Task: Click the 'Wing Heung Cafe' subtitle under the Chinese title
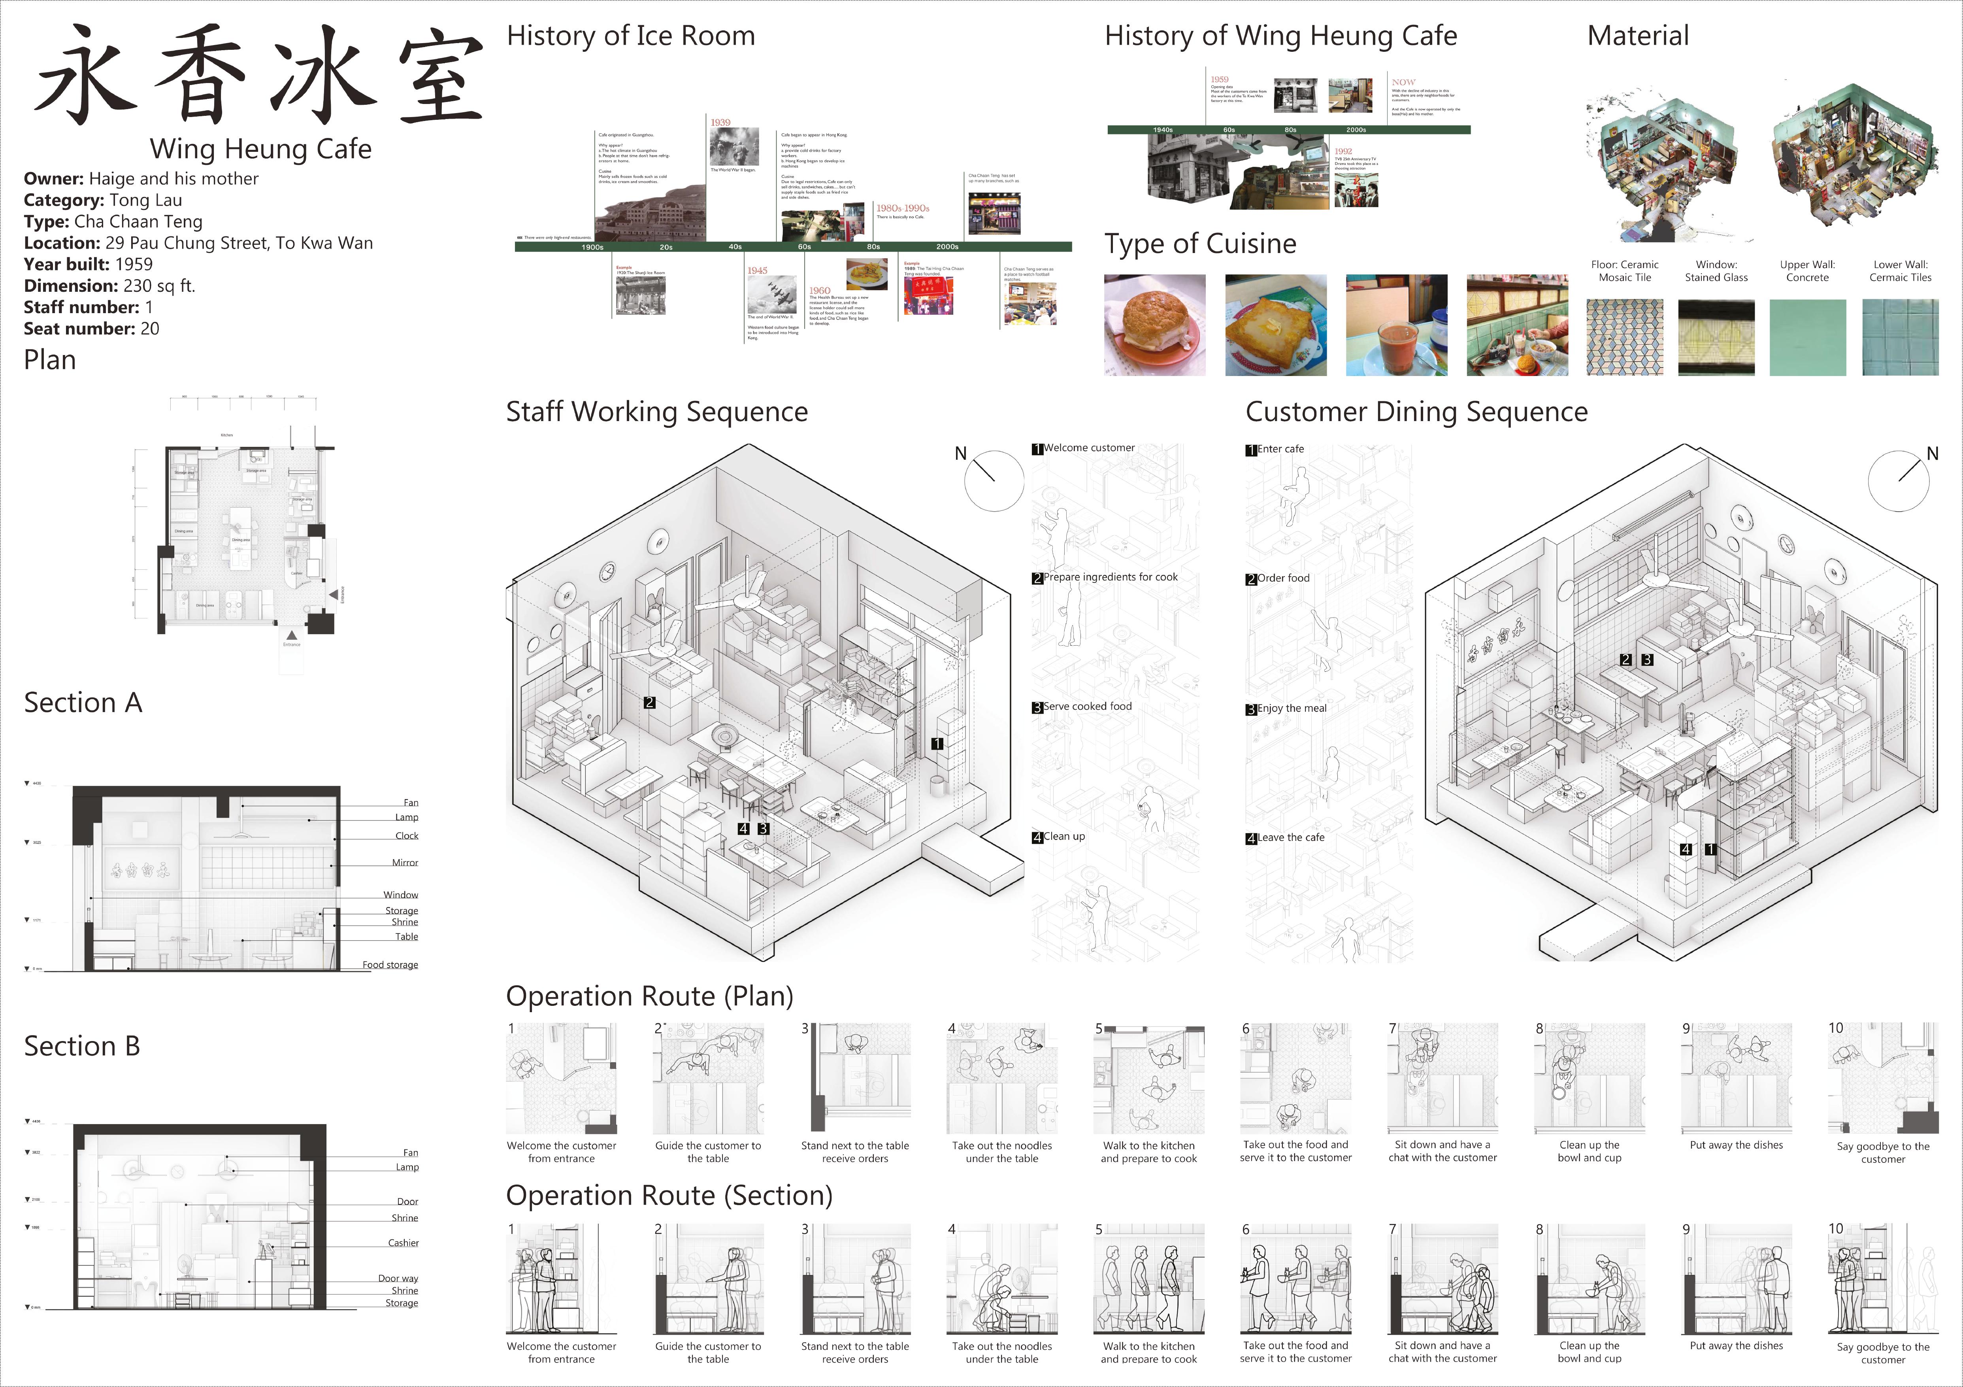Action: pyautogui.click(x=261, y=149)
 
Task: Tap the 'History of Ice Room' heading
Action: pyautogui.click(x=631, y=36)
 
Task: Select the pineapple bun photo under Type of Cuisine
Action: pyautogui.click(x=1154, y=325)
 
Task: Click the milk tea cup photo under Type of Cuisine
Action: pyautogui.click(x=1396, y=325)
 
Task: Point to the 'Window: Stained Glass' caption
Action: pyautogui.click(x=1716, y=271)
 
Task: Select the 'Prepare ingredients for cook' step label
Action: pyautogui.click(x=1110, y=577)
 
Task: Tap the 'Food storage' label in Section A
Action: pyautogui.click(x=390, y=965)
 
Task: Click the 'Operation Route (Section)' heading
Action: pyautogui.click(x=669, y=1196)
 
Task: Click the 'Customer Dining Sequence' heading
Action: pyautogui.click(x=1416, y=412)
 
